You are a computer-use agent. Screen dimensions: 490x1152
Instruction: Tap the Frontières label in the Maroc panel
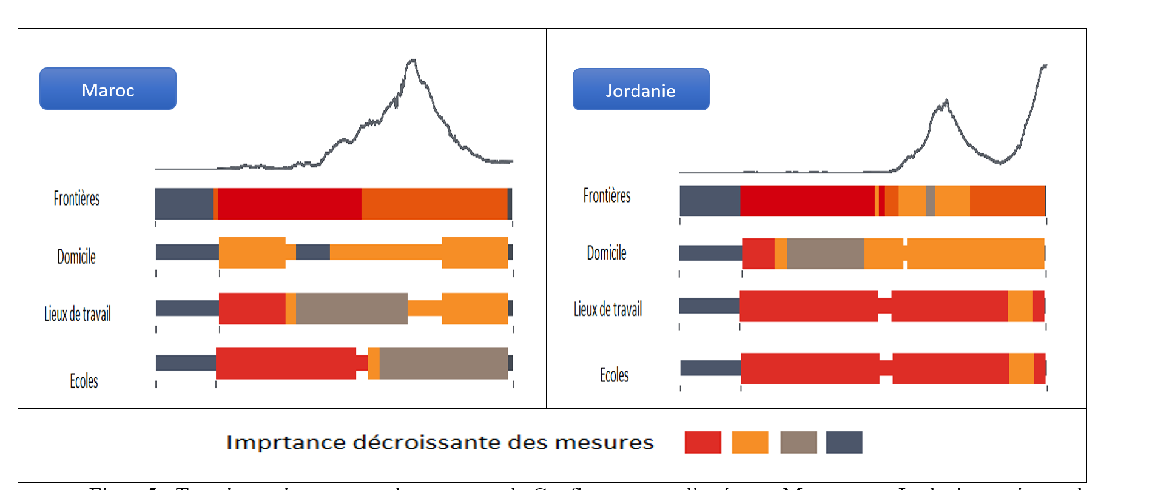76,198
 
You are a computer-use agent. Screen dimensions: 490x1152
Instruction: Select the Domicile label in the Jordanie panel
606,253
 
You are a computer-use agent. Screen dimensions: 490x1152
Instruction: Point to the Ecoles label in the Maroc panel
84,381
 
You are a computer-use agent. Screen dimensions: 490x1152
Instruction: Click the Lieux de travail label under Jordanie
607,309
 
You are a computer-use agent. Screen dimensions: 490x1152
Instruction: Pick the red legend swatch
702,442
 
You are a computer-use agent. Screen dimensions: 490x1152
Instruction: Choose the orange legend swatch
750,442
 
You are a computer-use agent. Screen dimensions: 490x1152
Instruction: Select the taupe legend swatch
798,442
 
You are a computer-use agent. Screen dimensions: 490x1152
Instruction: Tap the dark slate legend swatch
844,442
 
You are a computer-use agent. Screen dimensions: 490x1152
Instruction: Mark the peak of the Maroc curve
413,60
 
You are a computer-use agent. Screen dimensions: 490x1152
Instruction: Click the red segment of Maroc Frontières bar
289,204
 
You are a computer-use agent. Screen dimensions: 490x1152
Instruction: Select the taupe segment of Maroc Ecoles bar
443,363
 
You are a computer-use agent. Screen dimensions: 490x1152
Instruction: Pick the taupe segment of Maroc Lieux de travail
351,309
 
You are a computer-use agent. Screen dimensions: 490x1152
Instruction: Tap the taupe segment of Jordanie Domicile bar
825,253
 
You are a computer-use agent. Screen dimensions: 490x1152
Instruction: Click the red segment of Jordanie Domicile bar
758,253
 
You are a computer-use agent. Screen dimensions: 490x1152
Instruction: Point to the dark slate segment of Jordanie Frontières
709,201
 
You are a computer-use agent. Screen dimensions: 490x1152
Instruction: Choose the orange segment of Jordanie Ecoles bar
1021,368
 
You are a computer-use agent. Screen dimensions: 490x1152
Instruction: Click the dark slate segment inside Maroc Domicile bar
312,252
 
